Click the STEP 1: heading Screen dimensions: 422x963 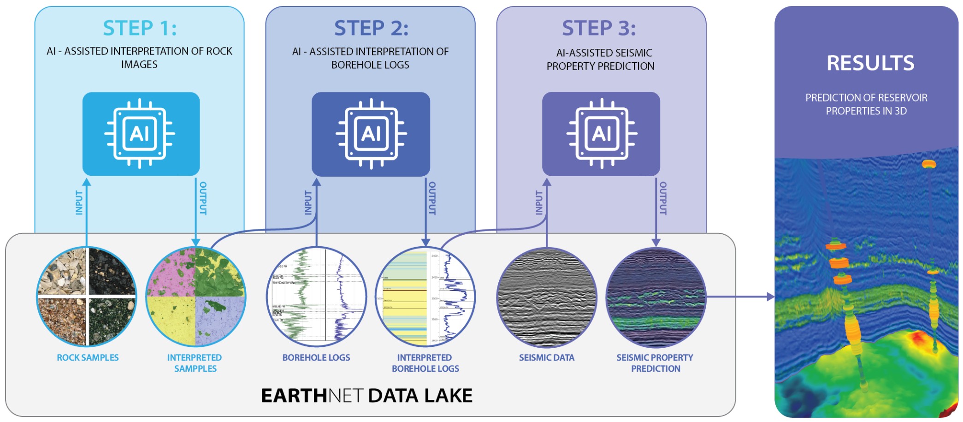[x=140, y=28]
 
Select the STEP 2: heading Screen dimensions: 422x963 [x=371, y=28]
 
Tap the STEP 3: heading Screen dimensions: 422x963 [x=599, y=28]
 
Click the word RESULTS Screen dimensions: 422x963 [x=870, y=63]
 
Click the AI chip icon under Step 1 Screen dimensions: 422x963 [x=140, y=134]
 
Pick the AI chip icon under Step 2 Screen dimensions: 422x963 [x=371, y=134]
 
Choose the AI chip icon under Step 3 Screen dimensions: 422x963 [x=602, y=134]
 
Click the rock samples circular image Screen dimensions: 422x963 [x=86, y=297]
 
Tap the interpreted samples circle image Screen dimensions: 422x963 [x=195, y=297]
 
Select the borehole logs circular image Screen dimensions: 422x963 [x=317, y=297]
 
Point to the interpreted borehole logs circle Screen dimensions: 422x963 [x=425, y=297]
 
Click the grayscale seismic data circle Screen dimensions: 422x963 [x=547, y=297]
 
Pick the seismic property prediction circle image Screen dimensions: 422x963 [x=656, y=297]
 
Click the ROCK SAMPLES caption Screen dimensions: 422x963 [x=88, y=357]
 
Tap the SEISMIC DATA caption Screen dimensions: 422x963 [x=547, y=357]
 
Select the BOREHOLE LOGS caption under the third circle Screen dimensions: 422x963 [x=316, y=357]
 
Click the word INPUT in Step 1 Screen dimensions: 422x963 [x=79, y=202]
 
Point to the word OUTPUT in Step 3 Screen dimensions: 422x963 [x=663, y=198]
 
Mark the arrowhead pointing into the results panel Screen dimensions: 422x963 [x=771, y=297]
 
